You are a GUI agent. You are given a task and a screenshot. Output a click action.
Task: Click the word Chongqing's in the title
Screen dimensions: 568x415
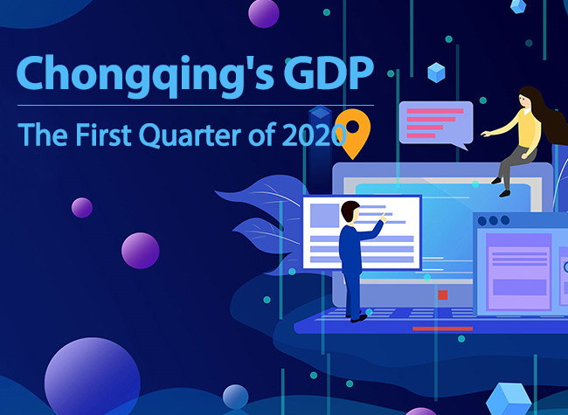145,76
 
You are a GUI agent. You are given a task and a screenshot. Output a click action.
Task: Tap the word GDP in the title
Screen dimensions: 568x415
329,73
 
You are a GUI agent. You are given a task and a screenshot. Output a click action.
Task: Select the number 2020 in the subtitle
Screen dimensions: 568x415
314,135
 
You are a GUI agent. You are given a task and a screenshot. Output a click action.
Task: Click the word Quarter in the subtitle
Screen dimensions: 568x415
190,135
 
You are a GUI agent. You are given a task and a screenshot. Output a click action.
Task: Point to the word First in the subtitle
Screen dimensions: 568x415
104,135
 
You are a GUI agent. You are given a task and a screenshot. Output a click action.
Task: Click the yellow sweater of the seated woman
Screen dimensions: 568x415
528,128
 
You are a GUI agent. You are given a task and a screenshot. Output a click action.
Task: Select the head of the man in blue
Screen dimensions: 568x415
350,211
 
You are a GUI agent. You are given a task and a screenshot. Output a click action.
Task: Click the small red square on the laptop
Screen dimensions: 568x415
443,294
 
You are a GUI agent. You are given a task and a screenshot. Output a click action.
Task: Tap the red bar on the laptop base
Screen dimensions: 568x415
443,329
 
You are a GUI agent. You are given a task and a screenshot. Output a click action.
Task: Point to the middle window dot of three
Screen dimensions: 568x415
494,220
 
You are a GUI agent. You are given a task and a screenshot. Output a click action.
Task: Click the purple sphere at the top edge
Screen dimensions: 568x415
264,13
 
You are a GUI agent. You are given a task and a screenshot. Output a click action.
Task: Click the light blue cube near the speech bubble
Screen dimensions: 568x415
436,73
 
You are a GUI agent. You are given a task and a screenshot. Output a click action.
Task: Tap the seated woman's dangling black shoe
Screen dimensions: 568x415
504,194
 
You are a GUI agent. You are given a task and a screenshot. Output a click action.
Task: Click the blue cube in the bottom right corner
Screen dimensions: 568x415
509,399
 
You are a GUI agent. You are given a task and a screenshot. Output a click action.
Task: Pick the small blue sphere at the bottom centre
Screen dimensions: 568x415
235,397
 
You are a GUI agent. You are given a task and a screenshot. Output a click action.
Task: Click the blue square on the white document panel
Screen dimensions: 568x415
324,215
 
